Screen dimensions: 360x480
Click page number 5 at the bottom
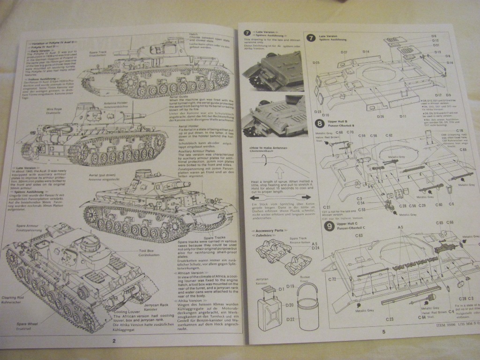pos(383,332)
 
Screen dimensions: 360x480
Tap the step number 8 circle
pos(319,124)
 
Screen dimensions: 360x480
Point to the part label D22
pos(290,319)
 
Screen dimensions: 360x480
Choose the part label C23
pos(389,319)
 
